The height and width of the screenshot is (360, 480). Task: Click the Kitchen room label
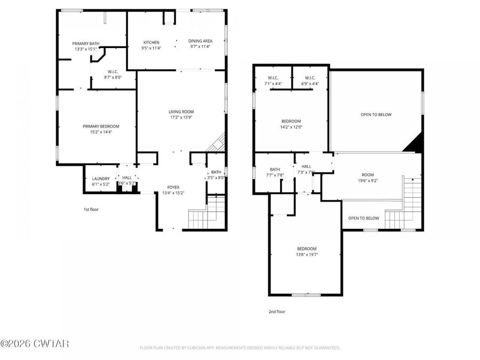(x=151, y=43)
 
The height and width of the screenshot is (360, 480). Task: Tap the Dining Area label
(x=201, y=41)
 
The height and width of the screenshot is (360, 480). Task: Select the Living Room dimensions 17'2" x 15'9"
(x=181, y=117)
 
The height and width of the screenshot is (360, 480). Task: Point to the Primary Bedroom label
(x=101, y=126)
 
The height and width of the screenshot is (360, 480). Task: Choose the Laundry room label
(x=101, y=179)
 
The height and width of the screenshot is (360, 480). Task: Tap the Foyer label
(x=173, y=187)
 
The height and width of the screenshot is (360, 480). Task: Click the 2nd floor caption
(x=276, y=311)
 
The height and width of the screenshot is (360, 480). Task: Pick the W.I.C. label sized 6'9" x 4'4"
(x=310, y=78)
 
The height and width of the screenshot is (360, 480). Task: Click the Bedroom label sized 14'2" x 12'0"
(x=291, y=121)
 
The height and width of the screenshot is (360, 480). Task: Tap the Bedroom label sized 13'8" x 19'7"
(x=307, y=249)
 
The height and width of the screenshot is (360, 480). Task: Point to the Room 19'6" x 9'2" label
(x=367, y=175)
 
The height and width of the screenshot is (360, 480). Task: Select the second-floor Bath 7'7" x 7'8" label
(x=275, y=170)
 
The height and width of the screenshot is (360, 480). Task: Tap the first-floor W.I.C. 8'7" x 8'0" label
(x=113, y=72)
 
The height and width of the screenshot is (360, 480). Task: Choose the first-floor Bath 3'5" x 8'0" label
(x=216, y=172)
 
